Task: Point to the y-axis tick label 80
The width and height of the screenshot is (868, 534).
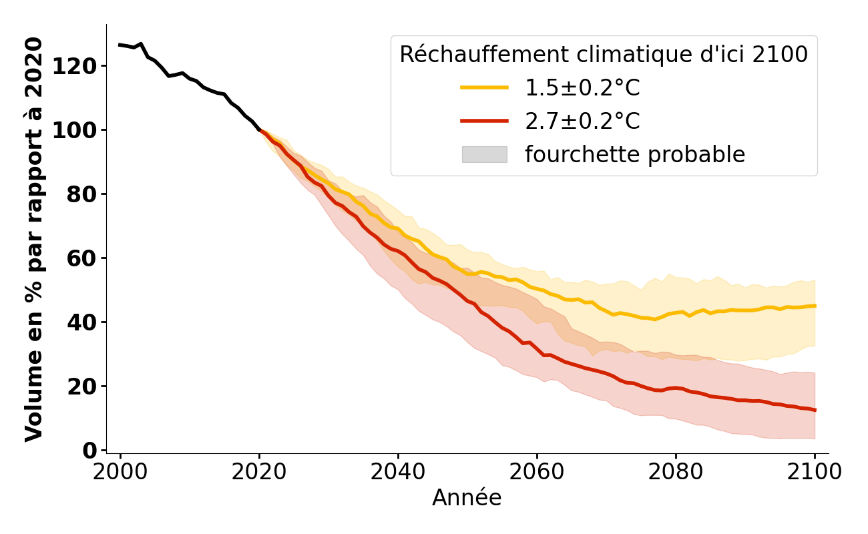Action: point(83,194)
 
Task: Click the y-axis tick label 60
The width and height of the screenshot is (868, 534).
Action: point(83,258)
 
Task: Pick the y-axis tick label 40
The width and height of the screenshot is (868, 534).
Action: point(83,322)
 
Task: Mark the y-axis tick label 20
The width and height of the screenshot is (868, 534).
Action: point(83,386)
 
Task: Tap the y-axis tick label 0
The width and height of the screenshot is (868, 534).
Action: point(89,451)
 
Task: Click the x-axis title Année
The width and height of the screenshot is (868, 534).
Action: point(467,498)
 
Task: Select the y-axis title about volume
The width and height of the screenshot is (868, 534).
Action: point(34,239)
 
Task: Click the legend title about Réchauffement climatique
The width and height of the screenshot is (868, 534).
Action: point(604,55)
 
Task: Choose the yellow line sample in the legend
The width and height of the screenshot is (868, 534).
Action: point(484,87)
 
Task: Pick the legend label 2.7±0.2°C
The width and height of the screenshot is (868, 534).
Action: point(582,121)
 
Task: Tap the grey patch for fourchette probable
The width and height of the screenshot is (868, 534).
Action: point(484,154)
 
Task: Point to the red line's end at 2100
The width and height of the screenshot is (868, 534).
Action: point(815,410)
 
